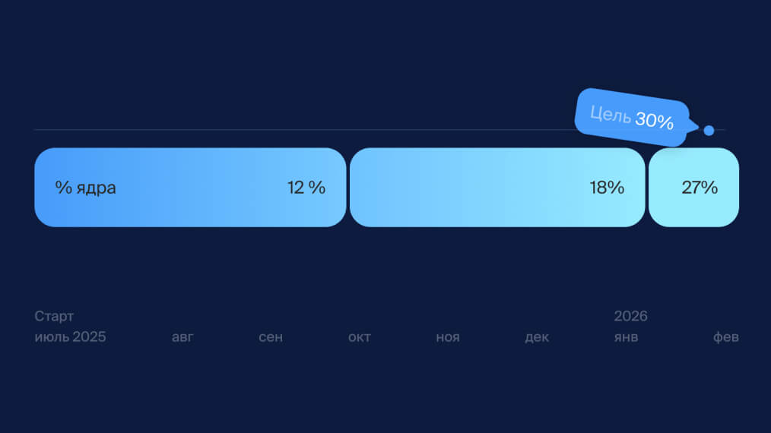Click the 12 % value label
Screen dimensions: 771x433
306,188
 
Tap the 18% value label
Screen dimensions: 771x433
607,188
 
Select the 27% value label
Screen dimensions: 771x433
700,188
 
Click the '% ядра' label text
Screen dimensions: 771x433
86,188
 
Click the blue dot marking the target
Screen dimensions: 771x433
709,130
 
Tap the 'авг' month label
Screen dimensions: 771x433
182,337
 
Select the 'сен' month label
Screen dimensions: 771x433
271,337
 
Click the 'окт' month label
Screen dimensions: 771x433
360,337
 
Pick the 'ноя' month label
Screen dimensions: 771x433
447,337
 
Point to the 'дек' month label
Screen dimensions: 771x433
537,337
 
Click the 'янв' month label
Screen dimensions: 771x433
626,337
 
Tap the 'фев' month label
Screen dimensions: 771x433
726,337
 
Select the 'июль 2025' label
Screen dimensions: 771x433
70,337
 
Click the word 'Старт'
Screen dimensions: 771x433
54,316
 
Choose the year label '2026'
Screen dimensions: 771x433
631,316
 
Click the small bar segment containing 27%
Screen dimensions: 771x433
693,188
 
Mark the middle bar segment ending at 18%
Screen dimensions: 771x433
497,188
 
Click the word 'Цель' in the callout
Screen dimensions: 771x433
611,115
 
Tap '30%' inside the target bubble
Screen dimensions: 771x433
655,121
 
